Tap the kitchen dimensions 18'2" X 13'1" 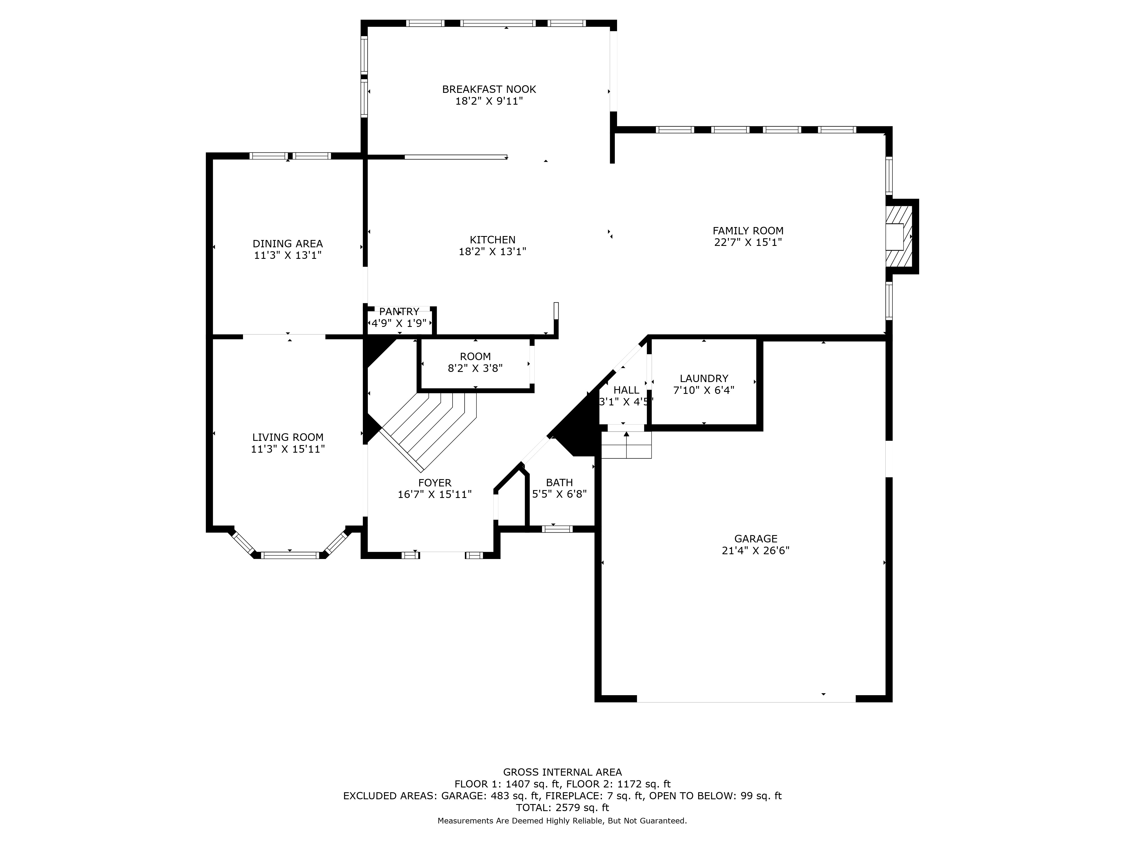pos(492,251)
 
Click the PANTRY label pos(399,312)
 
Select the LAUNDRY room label pos(704,378)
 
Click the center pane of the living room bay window pos(290,555)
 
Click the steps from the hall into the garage pos(626,445)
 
